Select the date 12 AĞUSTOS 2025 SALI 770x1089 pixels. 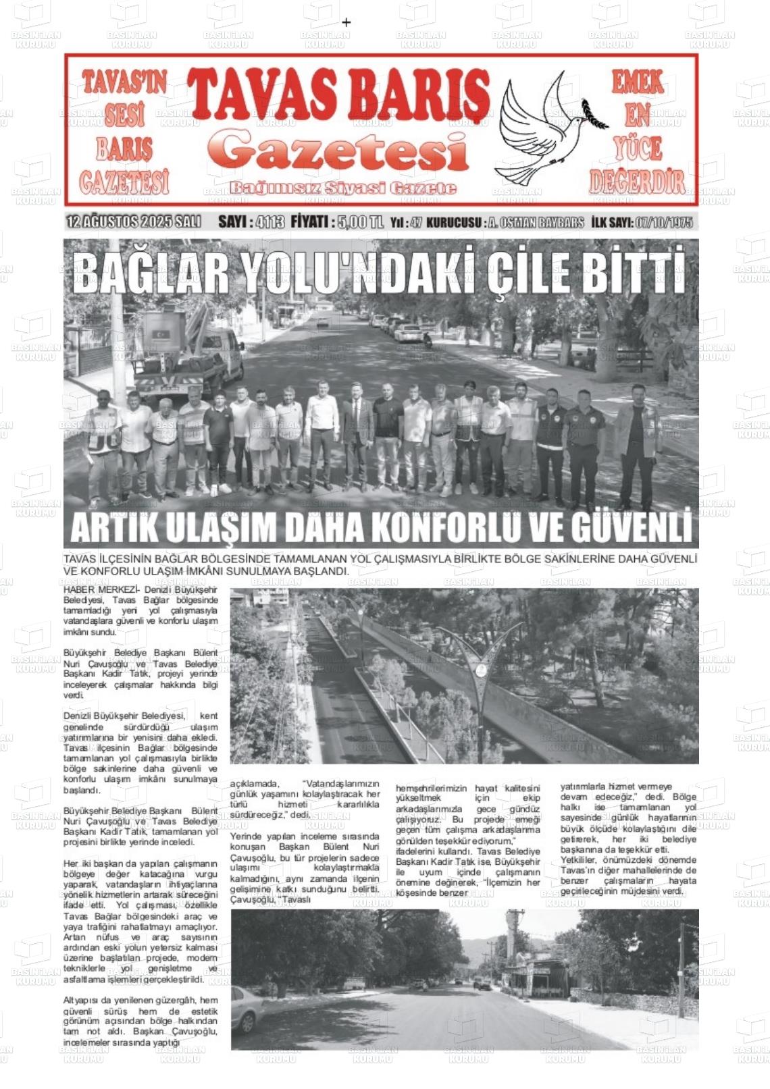134,222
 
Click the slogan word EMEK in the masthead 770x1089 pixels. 637,83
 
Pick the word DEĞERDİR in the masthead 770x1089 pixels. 637,181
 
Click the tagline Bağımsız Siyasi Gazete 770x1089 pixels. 342,188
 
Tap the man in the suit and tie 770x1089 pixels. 357,439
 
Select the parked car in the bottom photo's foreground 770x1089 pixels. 245,1010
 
